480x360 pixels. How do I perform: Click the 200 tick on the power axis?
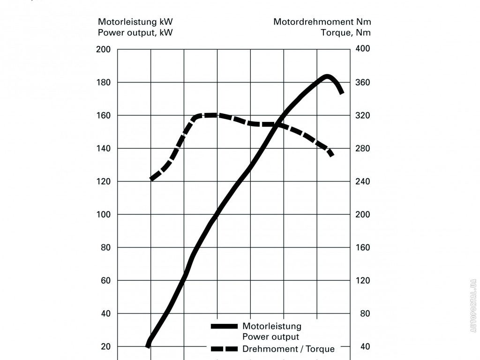103,49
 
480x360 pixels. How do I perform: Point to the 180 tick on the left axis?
103,82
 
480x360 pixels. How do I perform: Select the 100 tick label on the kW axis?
103,215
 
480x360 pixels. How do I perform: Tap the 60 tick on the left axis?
105,281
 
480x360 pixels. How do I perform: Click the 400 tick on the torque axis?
363,49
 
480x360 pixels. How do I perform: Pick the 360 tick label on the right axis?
363,82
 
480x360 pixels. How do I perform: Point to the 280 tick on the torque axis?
363,149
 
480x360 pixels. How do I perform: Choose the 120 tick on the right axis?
363,281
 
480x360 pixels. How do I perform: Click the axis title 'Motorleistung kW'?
132,22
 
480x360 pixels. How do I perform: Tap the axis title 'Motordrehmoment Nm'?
322,22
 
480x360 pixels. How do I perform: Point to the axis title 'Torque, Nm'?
345,32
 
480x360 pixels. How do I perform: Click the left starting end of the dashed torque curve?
151,179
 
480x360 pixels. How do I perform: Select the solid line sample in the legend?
225,326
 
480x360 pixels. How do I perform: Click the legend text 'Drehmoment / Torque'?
288,349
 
